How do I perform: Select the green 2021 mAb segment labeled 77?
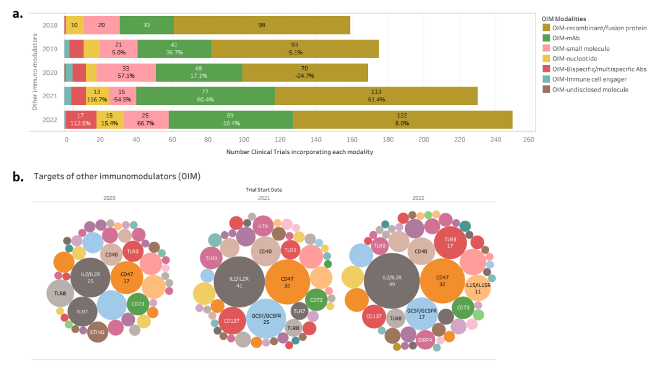pyautogui.click(x=205, y=95)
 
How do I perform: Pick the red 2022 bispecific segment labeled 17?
pyautogui.click(x=81, y=119)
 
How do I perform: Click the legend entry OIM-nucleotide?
pyautogui.click(x=578, y=59)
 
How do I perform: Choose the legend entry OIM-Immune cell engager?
pyautogui.click(x=593, y=79)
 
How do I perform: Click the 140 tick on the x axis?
pyautogui.click(x=315, y=140)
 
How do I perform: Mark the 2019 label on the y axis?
pyautogui.click(x=49, y=49)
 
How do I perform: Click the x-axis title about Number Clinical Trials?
pyautogui.click(x=299, y=151)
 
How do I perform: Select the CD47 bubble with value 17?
pyautogui.click(x=127, y=278)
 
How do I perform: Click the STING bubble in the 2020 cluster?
pyautogui.click(x=97, y=332)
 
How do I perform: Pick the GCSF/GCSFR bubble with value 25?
pyautogui.click(x=267, y=319)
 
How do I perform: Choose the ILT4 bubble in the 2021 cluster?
pyautogui.click(x=262, y=226)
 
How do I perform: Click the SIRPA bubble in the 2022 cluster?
pyautogui.click(x=425, y=340)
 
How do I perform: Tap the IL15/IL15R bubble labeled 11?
pyautogui.click(x=477, y=289)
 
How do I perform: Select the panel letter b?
pyautogui.click(x=17, y=176)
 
